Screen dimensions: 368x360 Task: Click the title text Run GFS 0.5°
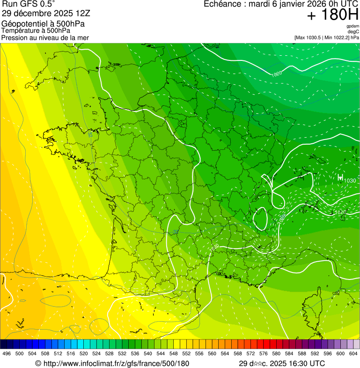[x=28, y=4]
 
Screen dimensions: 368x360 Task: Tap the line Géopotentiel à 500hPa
[x=43, y=24]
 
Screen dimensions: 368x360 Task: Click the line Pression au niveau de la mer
[x=45, y=37]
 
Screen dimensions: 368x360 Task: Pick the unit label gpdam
[x=353, y=26]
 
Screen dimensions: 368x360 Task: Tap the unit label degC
[x=353, y=31]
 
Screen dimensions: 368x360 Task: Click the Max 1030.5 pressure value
[x=311, y=37]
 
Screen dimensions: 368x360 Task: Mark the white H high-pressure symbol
[x=340, y=177]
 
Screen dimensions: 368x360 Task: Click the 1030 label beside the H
[x=350, y=181]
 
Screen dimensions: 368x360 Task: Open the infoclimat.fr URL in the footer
[x=112, y=363]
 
